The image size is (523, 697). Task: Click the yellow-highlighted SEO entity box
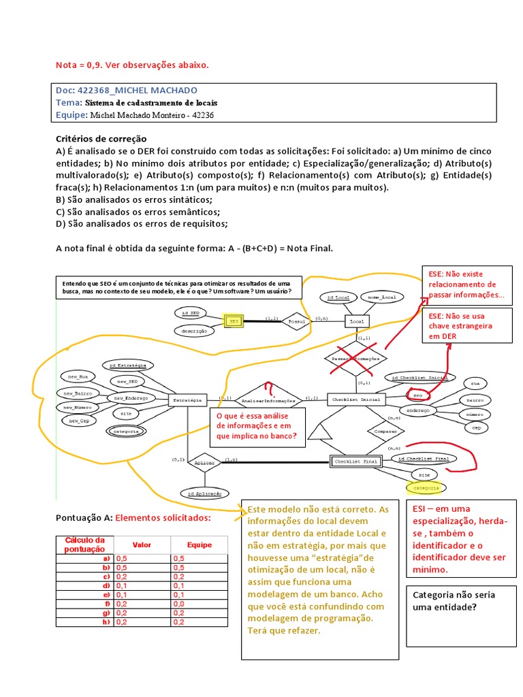[234, 320]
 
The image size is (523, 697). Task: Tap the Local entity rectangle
[356, 321]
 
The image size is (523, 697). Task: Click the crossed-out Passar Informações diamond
[355, 357]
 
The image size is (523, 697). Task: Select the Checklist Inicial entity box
[356, 400]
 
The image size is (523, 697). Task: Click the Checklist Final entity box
[355, 461]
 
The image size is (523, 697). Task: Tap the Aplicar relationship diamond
[205, 462]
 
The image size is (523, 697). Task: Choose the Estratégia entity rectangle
[187, 400]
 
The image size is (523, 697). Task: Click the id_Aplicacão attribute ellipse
[205, 492]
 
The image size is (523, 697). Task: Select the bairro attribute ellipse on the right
[475, 400]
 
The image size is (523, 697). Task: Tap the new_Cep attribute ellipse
[79, 421]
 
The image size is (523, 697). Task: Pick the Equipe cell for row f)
[199, 604]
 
